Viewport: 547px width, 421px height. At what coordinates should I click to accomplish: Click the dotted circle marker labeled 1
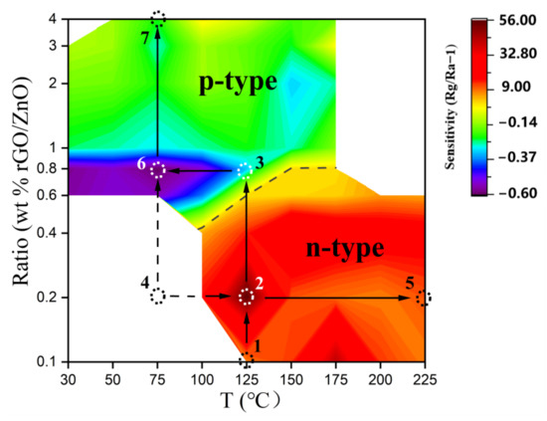click(247, 359)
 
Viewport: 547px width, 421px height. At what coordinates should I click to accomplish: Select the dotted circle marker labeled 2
click(247, 297)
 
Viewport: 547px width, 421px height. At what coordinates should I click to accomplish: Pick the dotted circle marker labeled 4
click(157, 296)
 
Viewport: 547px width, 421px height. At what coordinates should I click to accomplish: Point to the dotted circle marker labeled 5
click(424, 297)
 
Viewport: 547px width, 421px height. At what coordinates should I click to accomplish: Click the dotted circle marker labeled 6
click(157, 170)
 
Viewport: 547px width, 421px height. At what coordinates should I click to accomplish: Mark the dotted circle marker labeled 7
click(158, 19)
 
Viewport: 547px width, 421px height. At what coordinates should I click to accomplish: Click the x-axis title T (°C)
click(247, 401)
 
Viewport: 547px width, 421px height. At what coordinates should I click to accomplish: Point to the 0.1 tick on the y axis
click(46, 360)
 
